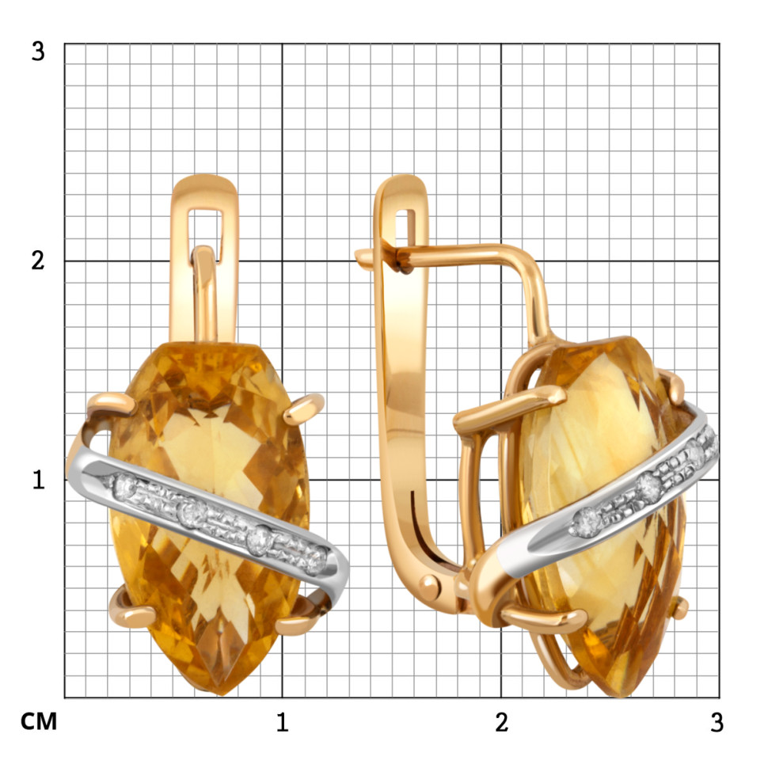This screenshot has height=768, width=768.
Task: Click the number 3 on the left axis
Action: pos(38,51)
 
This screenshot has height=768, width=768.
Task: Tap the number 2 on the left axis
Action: pos(38,260)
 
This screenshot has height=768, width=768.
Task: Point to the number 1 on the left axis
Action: pos(38,480)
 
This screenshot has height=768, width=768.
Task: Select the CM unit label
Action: pos(39,721)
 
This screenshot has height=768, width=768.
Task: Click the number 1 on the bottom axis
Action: pos(282,722)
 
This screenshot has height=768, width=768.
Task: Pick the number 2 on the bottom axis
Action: pos(501,722)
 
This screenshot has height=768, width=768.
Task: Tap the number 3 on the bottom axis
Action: pos(717,722)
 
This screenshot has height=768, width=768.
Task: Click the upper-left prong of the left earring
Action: pos(112,403)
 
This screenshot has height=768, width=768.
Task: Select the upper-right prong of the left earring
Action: pos(304,408)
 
